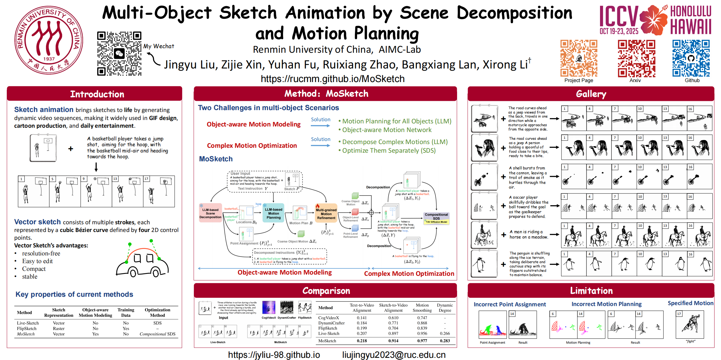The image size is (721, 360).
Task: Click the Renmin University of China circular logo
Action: (48, 40)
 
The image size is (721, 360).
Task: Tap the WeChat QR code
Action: (119, 53)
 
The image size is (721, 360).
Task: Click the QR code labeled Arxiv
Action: (636, 58)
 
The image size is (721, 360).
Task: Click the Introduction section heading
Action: (97, 94)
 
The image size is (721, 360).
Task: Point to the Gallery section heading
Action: (591, 94)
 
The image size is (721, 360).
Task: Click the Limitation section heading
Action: (591, 291)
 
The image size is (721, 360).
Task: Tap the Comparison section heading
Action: (326, 291)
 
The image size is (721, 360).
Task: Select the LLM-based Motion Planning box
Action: (273, 213)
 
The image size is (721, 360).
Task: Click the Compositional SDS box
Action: (436, 218)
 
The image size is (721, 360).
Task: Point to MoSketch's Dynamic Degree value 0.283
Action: (445, 341)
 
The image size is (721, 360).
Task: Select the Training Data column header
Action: (126, 312)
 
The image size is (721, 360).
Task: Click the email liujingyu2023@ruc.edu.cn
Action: (394, 355)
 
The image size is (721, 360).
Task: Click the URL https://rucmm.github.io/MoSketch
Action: (332, 79)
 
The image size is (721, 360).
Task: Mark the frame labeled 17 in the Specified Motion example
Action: (690, 325)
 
